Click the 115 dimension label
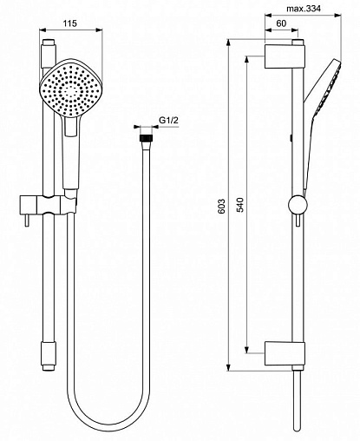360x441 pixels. [70, 23]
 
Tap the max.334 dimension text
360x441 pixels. [304, 9]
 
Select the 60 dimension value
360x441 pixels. [281, 23]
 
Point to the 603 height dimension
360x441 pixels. [221, 206]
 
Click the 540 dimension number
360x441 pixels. [240, 205]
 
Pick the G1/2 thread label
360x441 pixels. [169, 121]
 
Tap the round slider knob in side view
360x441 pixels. [298, 205]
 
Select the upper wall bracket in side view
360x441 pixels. [285, 56]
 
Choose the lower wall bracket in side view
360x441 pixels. [285, 353]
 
